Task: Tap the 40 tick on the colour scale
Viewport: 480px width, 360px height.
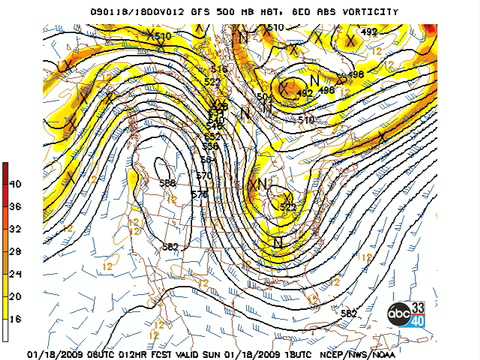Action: (15, 184)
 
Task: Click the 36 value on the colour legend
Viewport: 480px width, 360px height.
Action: (15, 206)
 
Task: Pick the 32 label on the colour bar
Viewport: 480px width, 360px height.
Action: (15, 228)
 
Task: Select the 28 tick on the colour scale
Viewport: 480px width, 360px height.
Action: (15, 250)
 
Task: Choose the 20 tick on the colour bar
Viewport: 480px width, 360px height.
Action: (15, 295)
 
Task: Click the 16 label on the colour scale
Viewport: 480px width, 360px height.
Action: (15, 317)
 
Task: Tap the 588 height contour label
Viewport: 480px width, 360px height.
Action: (168, 183)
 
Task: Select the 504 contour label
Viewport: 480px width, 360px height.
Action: (263, 96)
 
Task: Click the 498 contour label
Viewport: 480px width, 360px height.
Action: (356, 74)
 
